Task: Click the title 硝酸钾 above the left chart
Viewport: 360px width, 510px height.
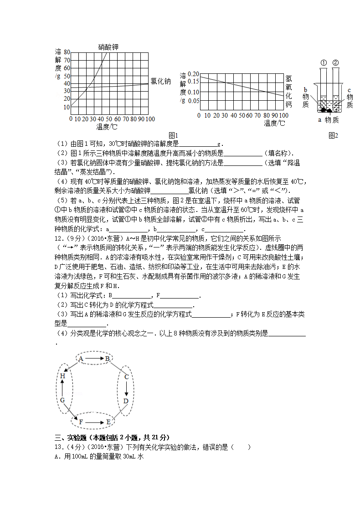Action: coord(109,46)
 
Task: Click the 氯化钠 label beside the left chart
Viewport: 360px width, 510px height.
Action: coord(161,81)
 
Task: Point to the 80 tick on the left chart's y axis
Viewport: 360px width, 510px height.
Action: coord(67,52)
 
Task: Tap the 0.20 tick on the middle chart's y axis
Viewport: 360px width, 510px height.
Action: coord(194,74)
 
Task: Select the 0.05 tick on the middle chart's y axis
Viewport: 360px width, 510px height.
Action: coord(194,101)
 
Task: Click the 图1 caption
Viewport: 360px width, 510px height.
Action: coord(173,135)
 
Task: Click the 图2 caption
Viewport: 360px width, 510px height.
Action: coord(333,135)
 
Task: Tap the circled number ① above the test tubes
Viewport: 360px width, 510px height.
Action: coord(323,62)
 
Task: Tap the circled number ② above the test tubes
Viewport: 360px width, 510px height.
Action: coord(335,62)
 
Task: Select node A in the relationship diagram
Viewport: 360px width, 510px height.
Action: coord(81,359)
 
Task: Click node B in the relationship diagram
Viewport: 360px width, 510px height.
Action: coord(108,359)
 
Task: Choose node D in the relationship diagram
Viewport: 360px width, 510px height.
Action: coord(126,401)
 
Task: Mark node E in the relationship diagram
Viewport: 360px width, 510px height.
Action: coord(108,422)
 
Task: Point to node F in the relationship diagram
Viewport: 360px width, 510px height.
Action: coord(81,422)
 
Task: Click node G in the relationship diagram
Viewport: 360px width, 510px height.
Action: coord(62,400)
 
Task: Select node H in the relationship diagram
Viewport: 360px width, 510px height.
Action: coord(62,376)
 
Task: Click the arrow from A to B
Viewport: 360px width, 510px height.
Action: coord(94,359)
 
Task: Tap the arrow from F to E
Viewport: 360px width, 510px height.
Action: coord(94,422)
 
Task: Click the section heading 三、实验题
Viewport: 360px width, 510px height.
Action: coord(73,437)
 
